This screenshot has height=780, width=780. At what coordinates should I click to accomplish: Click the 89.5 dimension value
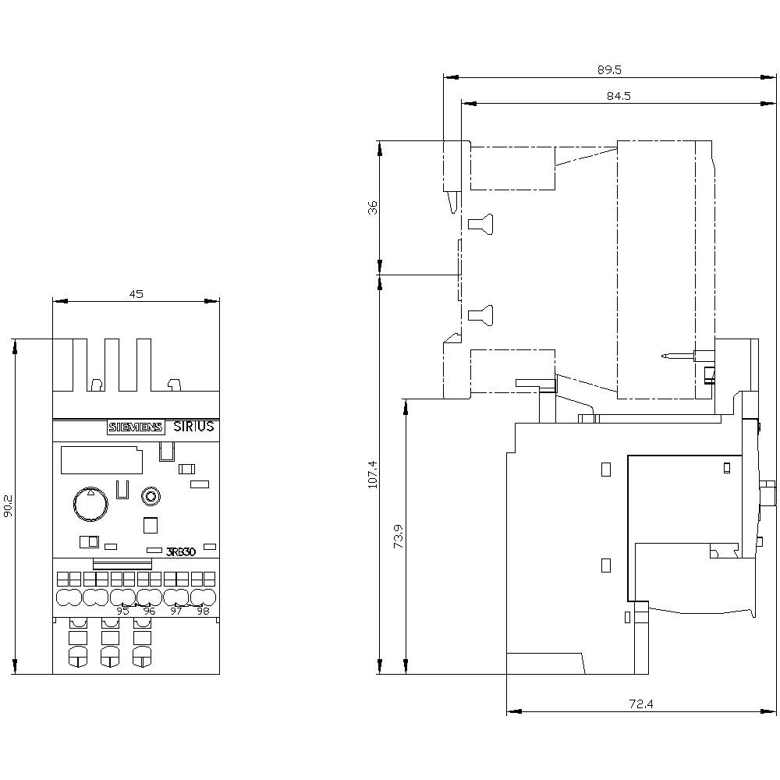[609, 69]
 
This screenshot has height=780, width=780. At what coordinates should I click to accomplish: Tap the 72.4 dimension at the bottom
[640, 704]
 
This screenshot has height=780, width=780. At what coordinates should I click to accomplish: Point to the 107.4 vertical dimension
[372, 474]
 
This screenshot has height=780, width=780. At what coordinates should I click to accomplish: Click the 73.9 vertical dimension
[398, 537]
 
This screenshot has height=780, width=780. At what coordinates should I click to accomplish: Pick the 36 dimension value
[373, 207]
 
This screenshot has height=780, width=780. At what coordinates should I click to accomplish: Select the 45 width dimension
[136, 294]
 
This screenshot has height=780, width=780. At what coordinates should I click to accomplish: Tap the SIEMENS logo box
[136, 427]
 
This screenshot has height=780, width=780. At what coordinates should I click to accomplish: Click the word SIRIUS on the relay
[193, 427]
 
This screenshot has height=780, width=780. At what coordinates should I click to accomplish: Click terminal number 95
[122, 611]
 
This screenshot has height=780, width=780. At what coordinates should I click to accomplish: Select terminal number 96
[149, 611]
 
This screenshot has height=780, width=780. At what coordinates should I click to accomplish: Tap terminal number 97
[176, 611]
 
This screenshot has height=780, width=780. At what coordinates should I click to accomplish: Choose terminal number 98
[203, 611]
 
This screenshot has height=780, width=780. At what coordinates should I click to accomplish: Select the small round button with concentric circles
[151, 496]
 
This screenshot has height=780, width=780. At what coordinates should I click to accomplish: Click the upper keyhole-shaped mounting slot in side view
[480, 223]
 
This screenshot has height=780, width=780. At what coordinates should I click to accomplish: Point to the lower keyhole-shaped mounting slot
[480, 315]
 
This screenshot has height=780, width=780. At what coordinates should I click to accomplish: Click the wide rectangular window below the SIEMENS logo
[100, 459]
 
